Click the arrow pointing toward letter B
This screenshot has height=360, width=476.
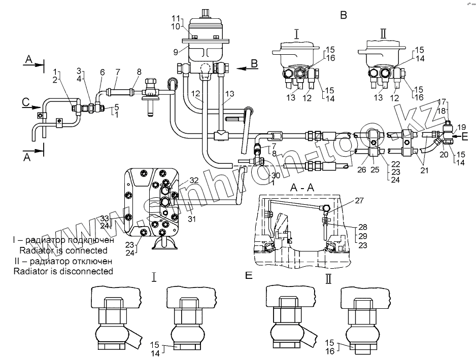tap(243, 65)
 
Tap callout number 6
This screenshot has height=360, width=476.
tap(103, 73)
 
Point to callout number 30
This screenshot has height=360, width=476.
tap(276, 175)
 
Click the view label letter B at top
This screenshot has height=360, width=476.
tap(344, 15)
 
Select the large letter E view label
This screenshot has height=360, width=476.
tap(248, 275)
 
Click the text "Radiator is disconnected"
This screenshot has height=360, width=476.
tap(63, 271)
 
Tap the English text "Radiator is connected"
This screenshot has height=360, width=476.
tap(63, 250)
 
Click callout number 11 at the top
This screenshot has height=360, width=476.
tap(175, 18)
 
